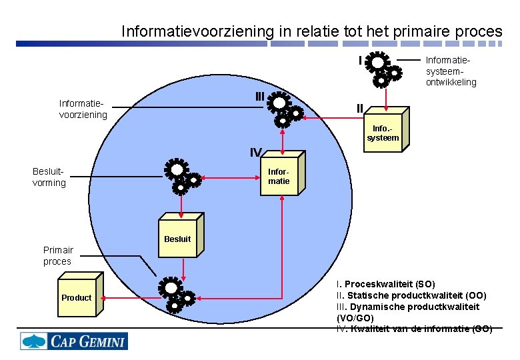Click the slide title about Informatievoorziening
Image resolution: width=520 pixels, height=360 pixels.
[x=311, y=31]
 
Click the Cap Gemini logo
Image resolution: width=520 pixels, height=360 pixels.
[x=73, y=341]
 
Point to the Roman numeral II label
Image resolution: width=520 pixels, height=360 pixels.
[x=360, y=108]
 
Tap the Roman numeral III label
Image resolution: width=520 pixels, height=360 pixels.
[x=259, y=97]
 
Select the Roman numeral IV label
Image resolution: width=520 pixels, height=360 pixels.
[x=255, y=152]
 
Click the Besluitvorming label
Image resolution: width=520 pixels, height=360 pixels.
[x=49, y=177]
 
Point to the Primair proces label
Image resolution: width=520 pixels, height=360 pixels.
[x=57, y=256]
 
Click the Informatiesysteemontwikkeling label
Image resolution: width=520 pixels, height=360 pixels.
[x=451, y=71]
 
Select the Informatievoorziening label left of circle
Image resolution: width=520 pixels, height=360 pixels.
[x=83, y=109]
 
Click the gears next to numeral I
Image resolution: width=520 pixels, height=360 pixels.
[x=381, y=69]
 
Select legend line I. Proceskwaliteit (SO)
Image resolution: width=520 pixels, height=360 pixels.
[x=386, y=285]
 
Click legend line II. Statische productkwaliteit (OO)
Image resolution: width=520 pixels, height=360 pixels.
[x=411, y=295]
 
